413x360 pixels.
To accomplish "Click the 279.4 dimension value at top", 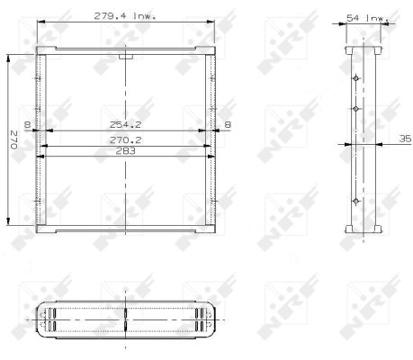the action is [110, 16].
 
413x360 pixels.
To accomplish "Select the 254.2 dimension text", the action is [125, 124].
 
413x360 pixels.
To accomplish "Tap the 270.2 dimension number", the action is [125, 140].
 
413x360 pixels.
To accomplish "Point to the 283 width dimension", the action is [125, 151].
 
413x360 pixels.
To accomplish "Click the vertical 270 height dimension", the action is [13, 139].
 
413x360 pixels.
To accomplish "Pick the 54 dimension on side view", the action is [353, 18].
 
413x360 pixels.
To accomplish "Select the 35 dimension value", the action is [405, 139].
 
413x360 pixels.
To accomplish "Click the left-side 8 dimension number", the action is [27, 124].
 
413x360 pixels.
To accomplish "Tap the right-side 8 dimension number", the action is [228, 124].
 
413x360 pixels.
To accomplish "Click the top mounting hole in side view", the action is [355, 78].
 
